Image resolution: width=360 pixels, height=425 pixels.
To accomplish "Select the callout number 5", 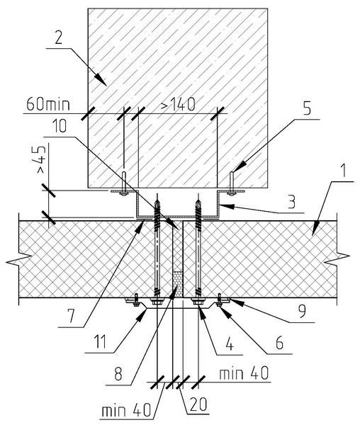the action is [x=307, y=108].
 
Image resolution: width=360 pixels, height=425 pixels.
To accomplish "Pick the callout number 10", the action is [x=60, y=126].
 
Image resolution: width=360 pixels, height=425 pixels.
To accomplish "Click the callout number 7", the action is [x=72, y=316].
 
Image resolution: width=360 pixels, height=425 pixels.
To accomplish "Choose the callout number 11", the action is [x=99, y=341].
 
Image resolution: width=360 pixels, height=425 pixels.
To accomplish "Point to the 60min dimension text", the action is [x=48, y=104].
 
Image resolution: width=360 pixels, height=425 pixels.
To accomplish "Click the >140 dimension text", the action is [x=178, y=104].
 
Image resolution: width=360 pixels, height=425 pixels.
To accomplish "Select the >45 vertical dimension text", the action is [x=41, y=159].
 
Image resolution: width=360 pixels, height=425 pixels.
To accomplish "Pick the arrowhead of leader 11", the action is [x=141, y=315].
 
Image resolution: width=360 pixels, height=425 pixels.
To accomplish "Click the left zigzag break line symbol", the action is [x=18, y=259].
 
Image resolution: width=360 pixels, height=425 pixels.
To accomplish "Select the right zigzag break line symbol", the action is [x=337, y=259].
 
